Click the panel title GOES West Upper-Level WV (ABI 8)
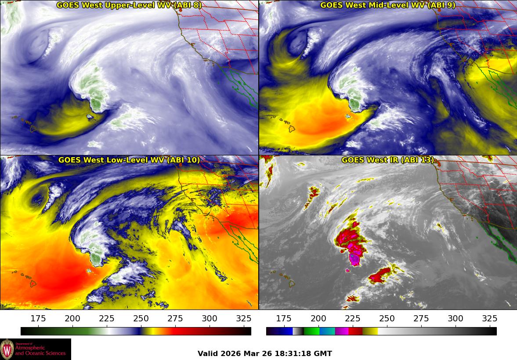pyautogui.click(x=129, y=5)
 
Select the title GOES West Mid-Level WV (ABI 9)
pyautogui.click(x=387, y=5)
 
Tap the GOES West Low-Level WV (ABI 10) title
pyautogui.click(x=129, y=160)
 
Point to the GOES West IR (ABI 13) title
pyautogui.click(x=387, y=160)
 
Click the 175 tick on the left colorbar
pyautogui.click(x=38, y=319)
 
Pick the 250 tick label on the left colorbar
pyautogui.click(x=141, y=319)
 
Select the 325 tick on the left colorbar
pyautogui.click(x=244, y=319)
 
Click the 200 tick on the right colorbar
pyautogui.click(x=318, y=319)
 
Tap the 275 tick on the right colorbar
pyautogui.click(x=421, y=319)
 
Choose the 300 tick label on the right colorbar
pyautogui.click(x=455, y=319)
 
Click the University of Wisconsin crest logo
pyautogui.click(x=7, y=349)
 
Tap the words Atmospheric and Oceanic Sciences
pyautogui.click(x=40, y=350)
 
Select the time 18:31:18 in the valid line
pyautogui.click(x=294, y=353)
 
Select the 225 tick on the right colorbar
pyautogui.click(x=352, y=319)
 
